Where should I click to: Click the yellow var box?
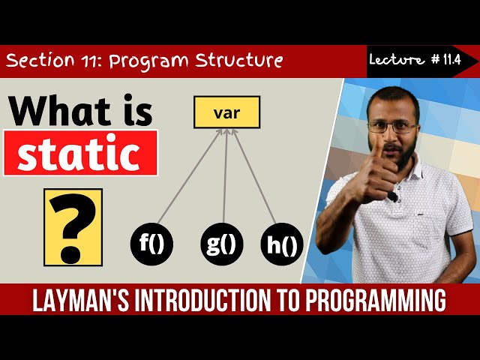tap(226, 112)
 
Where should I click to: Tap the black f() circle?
tap(152, 244)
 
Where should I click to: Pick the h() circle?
tap(280, 244)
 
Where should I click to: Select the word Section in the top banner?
tap(41, 60)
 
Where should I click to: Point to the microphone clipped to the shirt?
tap(392, 196)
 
